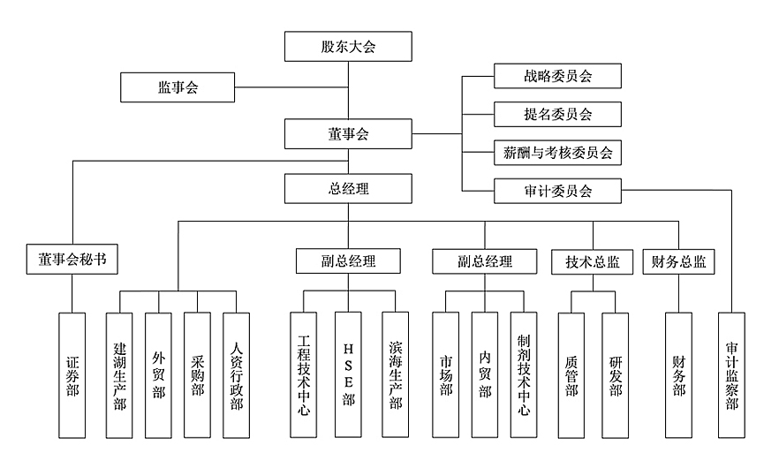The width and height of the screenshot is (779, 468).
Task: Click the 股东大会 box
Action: pos(348,47)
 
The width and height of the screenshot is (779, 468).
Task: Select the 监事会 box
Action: pos(178,87)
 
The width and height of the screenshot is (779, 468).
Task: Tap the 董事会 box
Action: pos(348,134)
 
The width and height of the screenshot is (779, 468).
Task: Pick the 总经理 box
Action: pos(348,188)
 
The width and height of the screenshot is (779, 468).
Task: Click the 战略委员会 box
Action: pos(556,76)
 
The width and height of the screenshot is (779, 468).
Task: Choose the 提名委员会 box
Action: pos(556,114)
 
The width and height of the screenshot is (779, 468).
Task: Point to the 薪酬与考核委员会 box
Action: pos(556,152)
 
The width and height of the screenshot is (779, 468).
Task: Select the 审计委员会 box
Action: pos(556,190)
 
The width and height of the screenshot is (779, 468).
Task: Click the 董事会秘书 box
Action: pos(72,260)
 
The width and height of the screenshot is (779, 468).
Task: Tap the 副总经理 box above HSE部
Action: pos(348,261)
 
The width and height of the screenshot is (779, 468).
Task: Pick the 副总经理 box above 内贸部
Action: pos(485,261)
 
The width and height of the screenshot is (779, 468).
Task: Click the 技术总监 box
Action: pos(593,261)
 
